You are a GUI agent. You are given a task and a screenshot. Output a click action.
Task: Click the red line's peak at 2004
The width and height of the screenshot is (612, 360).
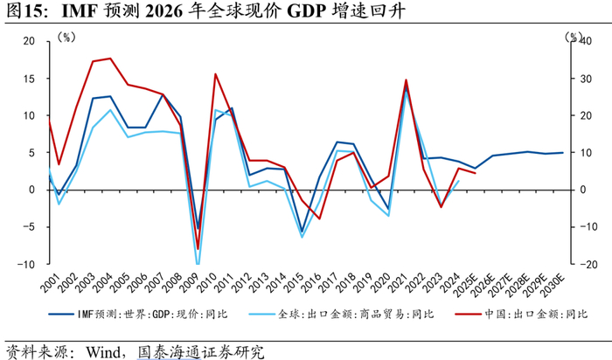[110, 59]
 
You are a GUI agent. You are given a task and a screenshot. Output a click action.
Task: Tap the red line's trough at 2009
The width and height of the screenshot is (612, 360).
[198, 248]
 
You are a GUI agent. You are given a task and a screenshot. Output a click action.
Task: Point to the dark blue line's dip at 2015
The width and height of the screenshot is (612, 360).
[302, 232]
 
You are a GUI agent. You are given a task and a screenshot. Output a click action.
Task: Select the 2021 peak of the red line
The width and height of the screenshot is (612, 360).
[406, 80]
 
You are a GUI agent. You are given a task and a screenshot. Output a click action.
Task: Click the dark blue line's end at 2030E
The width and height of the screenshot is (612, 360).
[562, 153]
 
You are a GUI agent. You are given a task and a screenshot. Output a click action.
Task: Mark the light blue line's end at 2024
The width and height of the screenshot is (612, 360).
[458, 181]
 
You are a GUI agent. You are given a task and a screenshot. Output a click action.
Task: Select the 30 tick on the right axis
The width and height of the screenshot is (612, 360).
[586, 79]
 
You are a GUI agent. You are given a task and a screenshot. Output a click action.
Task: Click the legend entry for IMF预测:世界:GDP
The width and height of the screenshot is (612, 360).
[138, 314]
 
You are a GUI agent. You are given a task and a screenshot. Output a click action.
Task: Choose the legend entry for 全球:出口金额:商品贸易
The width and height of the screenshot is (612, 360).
[341, 314]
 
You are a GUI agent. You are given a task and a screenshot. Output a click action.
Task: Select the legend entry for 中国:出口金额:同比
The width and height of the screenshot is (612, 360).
[521, 314]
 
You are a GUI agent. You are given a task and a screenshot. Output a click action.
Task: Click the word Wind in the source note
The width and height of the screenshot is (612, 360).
[103, 352]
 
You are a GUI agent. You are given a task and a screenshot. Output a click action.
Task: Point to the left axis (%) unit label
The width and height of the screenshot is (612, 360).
[66, 38]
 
